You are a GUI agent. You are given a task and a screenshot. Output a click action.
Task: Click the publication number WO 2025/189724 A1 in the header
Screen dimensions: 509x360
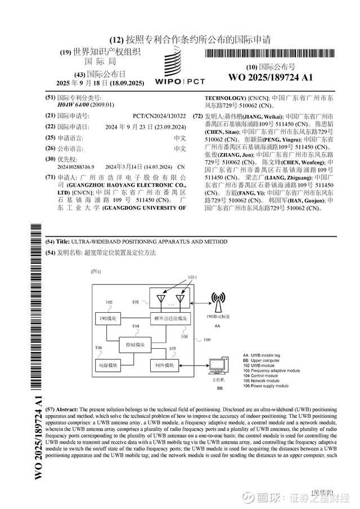point(271,77)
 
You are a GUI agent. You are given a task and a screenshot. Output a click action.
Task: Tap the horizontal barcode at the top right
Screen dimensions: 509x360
point(270,54)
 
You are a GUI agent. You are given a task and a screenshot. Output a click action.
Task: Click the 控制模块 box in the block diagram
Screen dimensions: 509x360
point(135,344)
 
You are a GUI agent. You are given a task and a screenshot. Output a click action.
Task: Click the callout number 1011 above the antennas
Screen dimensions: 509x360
point(192,277)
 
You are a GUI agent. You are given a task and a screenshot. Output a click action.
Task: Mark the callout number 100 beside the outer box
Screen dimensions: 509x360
point(207,340)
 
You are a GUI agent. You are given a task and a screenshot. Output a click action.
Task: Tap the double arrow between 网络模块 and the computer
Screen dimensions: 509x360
point(192,366)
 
